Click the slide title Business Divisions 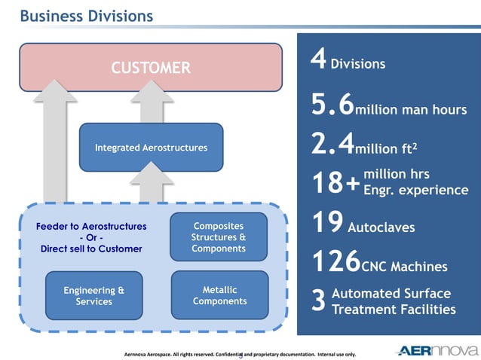tap(85, 16)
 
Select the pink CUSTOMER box tap(151, 68)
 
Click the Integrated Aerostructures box tap(151, 148)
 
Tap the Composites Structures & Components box tap(219, 237)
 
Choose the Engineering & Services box tap(93, 296)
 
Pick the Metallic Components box tap(219, 296)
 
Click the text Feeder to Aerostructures tap(91, 226)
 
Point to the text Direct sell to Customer tap(91, 249)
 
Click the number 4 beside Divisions tap(319, 62)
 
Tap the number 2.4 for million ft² tap(332, 143)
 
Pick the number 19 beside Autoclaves tap(327, 224)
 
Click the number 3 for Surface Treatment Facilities tap(318, 301)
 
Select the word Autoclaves tap(381, 227)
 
